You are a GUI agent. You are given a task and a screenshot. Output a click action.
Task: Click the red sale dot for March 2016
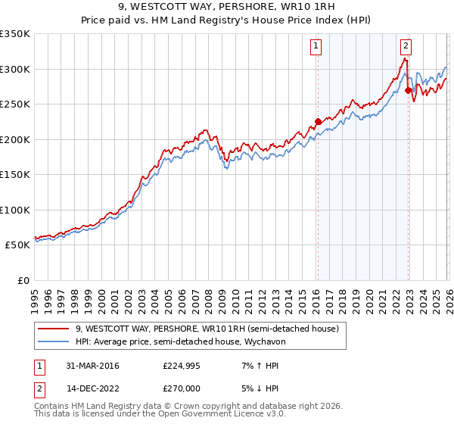[x=318, y=121]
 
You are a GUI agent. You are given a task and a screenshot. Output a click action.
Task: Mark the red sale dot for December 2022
[x=409, y=90]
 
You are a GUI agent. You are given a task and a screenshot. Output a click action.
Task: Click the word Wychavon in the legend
[x=285, y=341]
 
